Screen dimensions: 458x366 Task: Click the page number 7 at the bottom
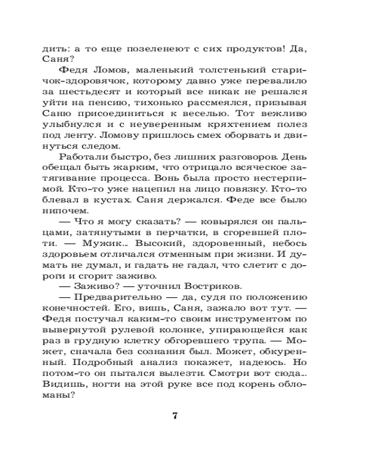(175, 416)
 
